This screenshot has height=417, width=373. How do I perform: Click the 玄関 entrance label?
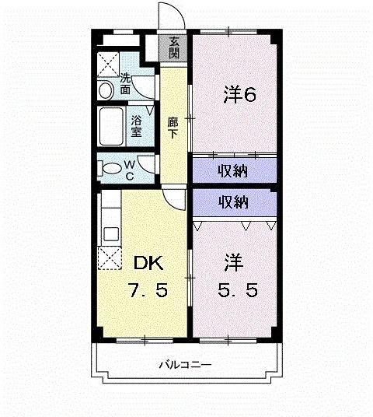tap(174, 48)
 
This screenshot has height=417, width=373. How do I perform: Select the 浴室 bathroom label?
tap(136, 125)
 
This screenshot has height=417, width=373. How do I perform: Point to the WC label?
tap(130, 170)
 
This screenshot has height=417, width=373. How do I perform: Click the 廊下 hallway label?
tap(173, 127)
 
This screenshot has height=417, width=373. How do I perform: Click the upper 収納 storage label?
tap(232, 169)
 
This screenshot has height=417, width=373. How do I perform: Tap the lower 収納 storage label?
tap(232, 201)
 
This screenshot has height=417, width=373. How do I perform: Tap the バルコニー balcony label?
tap(186, 363)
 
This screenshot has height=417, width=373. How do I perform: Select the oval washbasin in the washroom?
tap(106, 90)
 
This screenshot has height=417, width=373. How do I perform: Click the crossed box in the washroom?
tap(108, 63)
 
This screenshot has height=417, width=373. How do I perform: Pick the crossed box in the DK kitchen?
tap(109, 258)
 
